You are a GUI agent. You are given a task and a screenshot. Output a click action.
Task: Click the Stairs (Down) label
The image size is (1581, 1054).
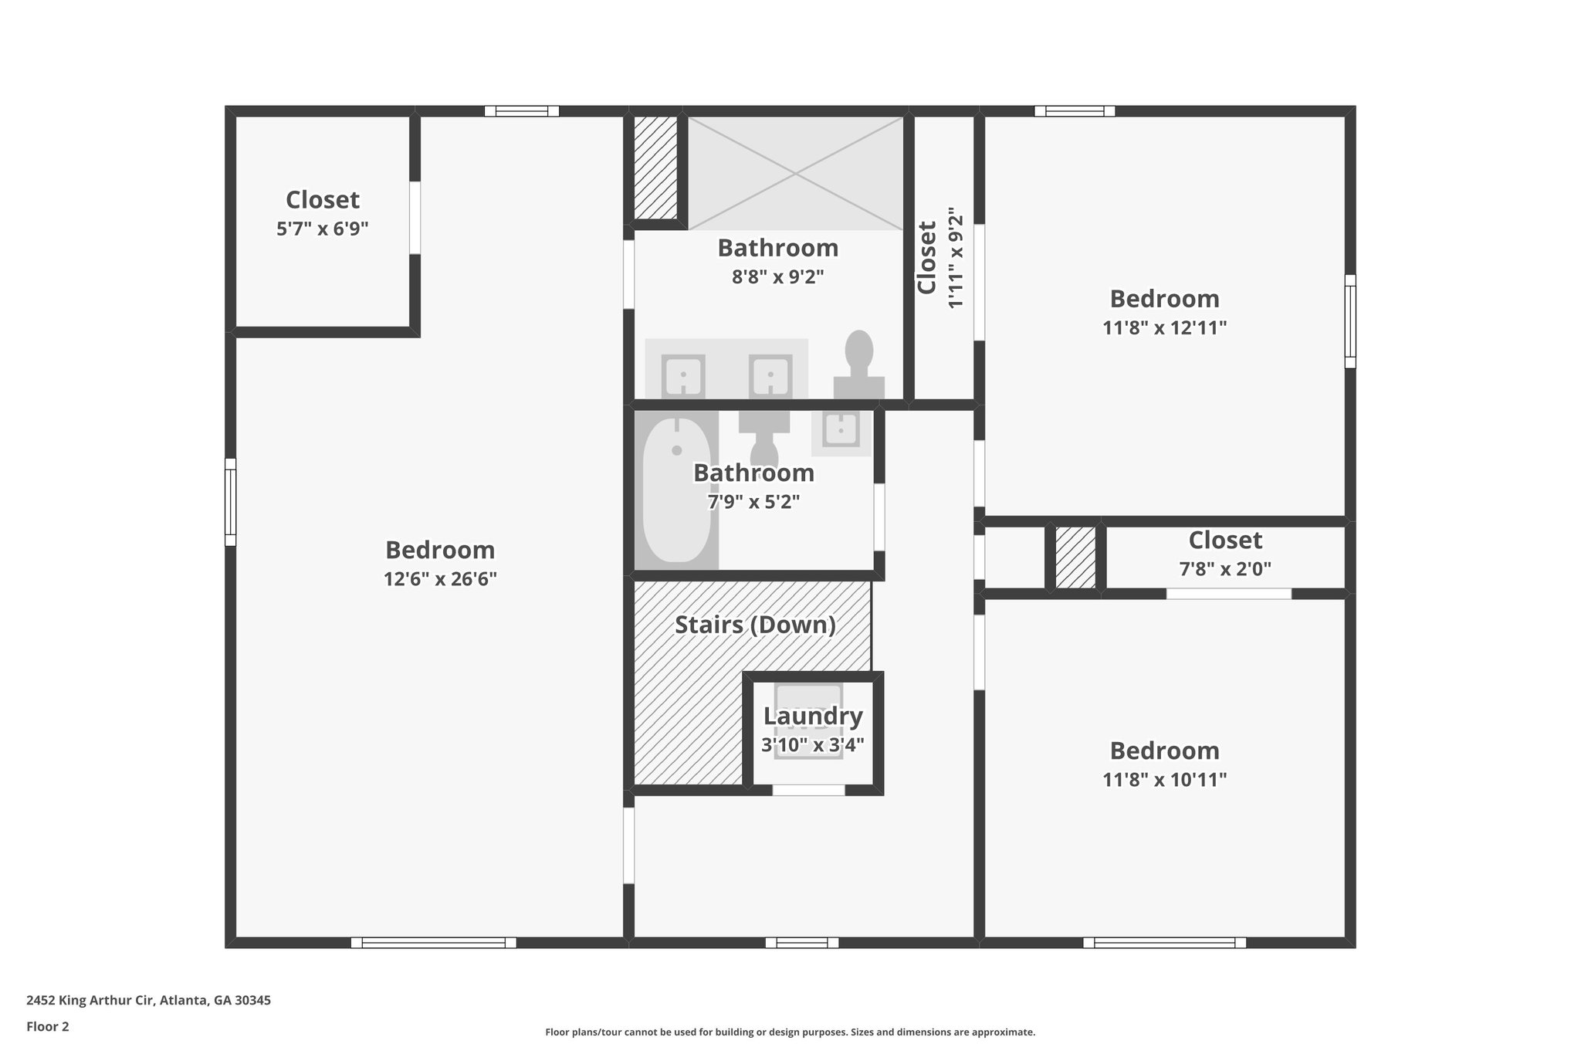[x=755, y=625]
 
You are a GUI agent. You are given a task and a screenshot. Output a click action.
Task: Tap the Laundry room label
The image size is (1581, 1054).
[x=812, y=716]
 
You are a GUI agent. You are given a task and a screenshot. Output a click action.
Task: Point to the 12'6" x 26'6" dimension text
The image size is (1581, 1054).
[x=440, y=579]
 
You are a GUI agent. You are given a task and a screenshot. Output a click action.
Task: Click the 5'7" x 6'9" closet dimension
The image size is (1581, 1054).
[x=322, y=229]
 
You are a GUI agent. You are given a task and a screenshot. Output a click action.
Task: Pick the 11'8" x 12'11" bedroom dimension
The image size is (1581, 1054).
[x=1164, y=327]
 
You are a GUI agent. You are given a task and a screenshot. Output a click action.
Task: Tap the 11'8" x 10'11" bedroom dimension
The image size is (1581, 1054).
[x=1164, y=779]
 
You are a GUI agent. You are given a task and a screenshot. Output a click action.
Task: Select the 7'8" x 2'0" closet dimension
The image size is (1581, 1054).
[x=1224, y=569]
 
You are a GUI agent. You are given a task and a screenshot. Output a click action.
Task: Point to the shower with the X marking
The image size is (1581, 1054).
[x=795, y=173]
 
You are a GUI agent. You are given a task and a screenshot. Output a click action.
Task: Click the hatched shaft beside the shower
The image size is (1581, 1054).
[x=655, y=167]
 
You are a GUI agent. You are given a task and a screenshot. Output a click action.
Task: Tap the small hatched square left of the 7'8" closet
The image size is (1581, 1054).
[x=1075, y=558]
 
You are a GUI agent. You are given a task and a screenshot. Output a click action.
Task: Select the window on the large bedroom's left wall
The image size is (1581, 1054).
[x=230, y=502]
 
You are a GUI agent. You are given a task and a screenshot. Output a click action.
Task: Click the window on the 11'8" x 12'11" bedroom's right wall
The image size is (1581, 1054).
[x=1350, y=321]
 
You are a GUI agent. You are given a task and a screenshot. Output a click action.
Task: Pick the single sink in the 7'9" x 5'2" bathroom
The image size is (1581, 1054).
[x=840, y=429]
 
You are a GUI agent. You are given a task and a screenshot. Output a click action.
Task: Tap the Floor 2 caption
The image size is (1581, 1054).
[x=48, y=1027]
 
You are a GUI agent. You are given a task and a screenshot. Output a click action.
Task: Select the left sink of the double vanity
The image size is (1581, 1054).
[x=682, y=376]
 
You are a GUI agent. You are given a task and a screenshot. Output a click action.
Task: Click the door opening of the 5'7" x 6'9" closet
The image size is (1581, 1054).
[x=415, y=218]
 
